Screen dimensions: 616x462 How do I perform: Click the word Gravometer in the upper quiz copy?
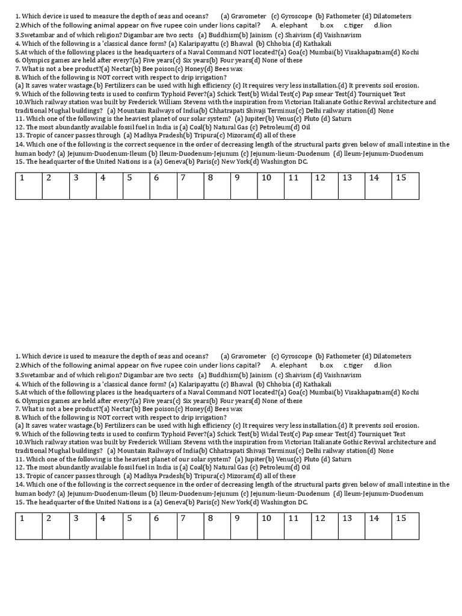point(248,16)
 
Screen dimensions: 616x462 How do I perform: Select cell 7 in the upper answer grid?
point(190,185)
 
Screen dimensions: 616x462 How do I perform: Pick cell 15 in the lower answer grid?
point(405,525)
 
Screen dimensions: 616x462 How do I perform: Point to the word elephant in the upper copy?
point(293,26)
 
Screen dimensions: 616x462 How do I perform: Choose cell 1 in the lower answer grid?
point(29,525)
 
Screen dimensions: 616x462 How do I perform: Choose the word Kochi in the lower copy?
point(410,392)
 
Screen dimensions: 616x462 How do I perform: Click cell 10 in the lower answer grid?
point(271,525)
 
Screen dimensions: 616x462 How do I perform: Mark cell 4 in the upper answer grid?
point(109,185)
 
